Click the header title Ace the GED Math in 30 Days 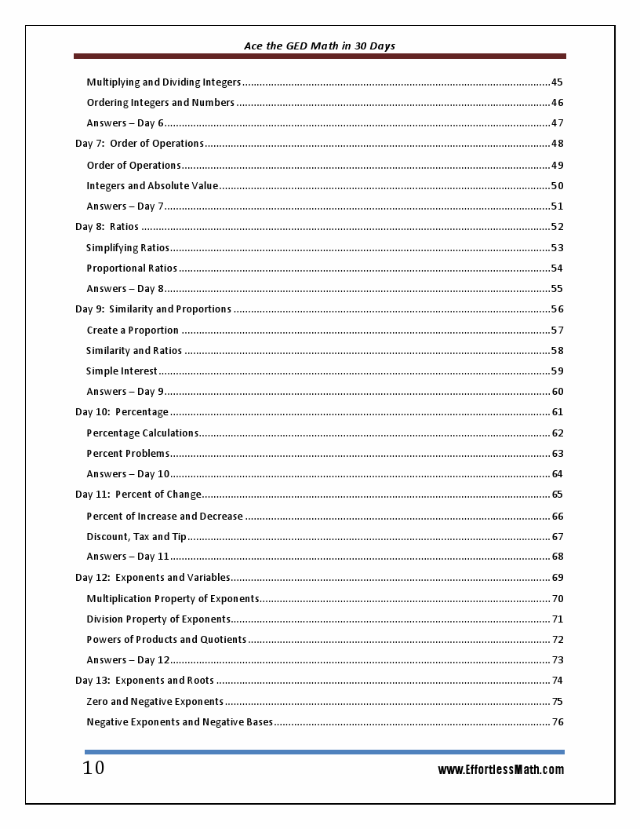click(x=319, y=46)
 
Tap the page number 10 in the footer click(x=93, y=768)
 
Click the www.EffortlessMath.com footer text click(x=500, y=769)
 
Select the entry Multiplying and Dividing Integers click(x=163, y=82)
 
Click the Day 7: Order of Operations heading click(x=140, y=144)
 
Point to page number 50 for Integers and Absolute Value click(x=557, y=186)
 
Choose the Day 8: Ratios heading click(x=107, y=227)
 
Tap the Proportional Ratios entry click(x=132, y=268)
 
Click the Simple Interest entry click(x=122, y=371)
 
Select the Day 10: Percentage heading click(x=122, y=412)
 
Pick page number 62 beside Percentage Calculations click(x=558, y=433)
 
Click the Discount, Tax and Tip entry click(x=136, y=537)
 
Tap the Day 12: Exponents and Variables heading click(x=152, y=578)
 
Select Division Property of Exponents click(x=158, y=619)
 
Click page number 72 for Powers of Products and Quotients click(x=558, y=640)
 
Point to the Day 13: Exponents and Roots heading click(x=144, y=681)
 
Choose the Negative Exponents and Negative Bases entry click(x=180, y=722)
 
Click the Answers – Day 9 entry click(x=125, y=392)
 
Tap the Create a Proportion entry click(x=133, y=331)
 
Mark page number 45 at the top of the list click(x=557, y=82)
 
